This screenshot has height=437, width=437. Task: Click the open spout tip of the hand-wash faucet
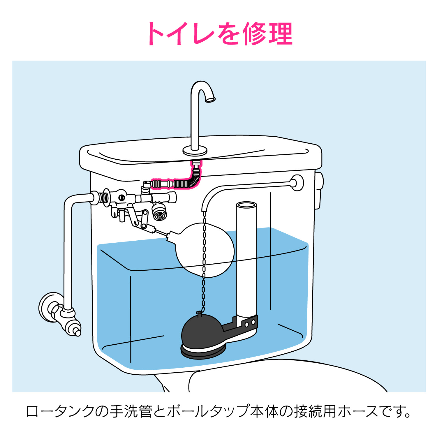coord(210,100)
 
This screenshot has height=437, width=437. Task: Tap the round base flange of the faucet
coord(195,151)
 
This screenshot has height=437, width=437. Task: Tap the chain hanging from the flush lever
coord(204,262)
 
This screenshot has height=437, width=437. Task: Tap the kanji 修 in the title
coord(253,34)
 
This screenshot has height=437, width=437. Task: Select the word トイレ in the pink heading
coord(181,34)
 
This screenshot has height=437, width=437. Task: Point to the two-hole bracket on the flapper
coord(249,323)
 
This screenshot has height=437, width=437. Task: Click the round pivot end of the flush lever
coord(297,183)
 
